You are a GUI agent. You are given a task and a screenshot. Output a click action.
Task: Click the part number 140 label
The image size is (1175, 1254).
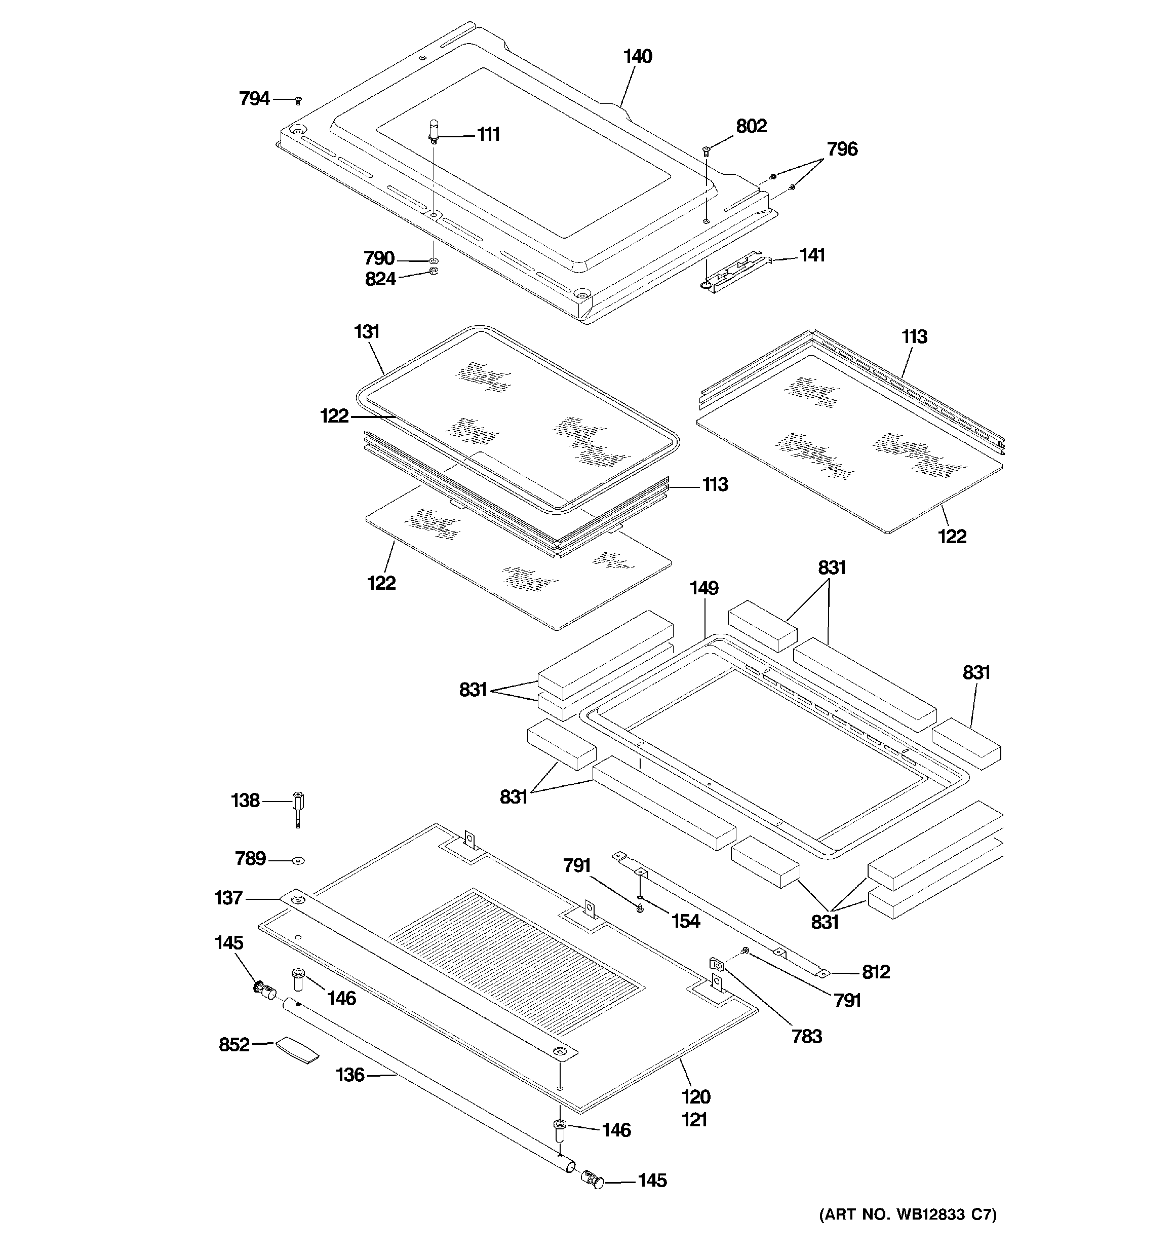pyautogui.click(x=637, y=57)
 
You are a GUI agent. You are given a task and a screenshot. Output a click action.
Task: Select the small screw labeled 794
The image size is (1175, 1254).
pyautogui.click(x=298, y=100)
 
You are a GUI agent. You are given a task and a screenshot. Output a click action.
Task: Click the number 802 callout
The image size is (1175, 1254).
pyautogui.click(x=751, y=126)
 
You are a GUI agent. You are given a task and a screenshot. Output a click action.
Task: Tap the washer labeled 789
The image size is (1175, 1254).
pyautogui.click(x=298, y=860)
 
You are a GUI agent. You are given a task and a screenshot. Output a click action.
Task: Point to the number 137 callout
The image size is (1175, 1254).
pyautogui.click(x=228, y=898)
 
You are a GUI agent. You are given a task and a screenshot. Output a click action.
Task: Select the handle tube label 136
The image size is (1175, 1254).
pyautogui.click(x=349, y=1075)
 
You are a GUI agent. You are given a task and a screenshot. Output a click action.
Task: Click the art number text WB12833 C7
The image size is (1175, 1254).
pyautogui.click(x=908, y=1215)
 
